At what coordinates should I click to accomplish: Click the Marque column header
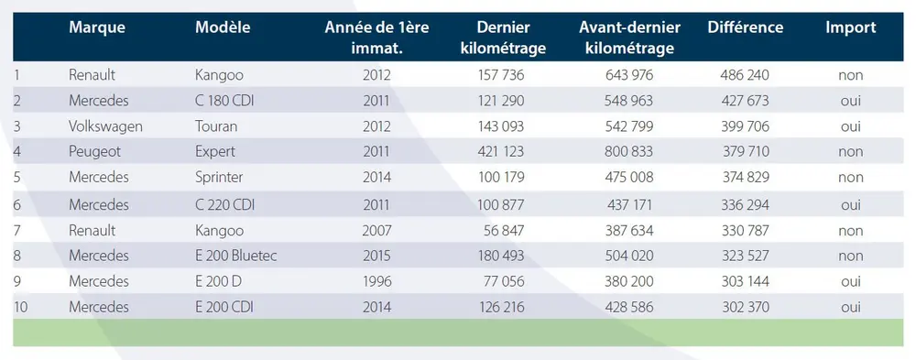point(96,27)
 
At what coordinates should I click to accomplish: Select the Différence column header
point(745,27)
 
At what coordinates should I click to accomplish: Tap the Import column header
point(850,27)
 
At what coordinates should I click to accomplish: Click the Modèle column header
point(224,27)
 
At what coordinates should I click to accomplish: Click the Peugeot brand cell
point(94,150)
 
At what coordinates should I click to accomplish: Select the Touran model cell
point(216,125)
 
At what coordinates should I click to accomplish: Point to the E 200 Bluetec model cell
point(236,256)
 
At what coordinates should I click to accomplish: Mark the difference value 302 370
point(745,307)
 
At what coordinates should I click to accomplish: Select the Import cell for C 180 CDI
point(850,100)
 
